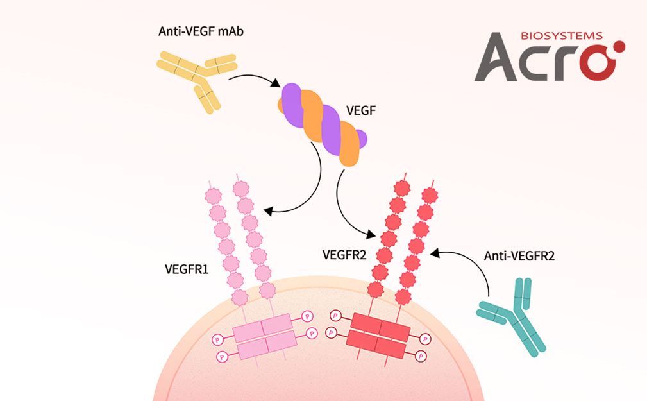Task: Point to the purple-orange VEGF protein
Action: [323, 122]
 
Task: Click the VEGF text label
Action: [361, 110]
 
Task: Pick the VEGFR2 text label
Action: [344, 255]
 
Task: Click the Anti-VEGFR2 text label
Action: [519, 256]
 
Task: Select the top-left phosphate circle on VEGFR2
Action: [334, 316]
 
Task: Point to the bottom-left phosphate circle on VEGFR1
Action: [222, 355]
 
